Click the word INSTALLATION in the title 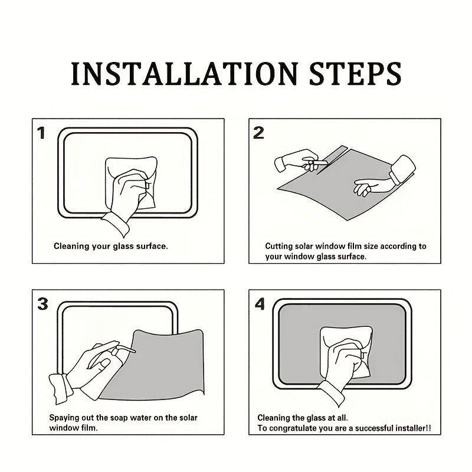[185, 74]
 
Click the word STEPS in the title [355, 74]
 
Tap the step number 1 [41, 133]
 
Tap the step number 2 [258, 133]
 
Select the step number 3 [42, 304]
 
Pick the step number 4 [260, 304]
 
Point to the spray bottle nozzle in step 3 [126, 349]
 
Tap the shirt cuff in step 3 [60, 388]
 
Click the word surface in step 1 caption [152, 247]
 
